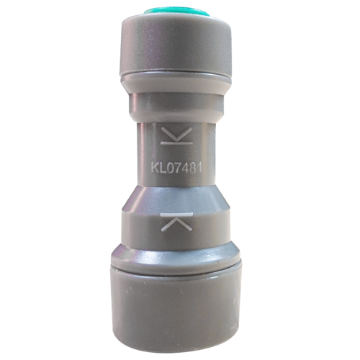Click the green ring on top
click(x=178, y=12)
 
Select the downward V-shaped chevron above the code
click(x=177, y=134)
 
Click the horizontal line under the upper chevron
click(x=177, y=143)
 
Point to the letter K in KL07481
click(x=155, y=167)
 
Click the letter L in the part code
click(x=163, y=167)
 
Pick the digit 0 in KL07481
click(x=170, y=167)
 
